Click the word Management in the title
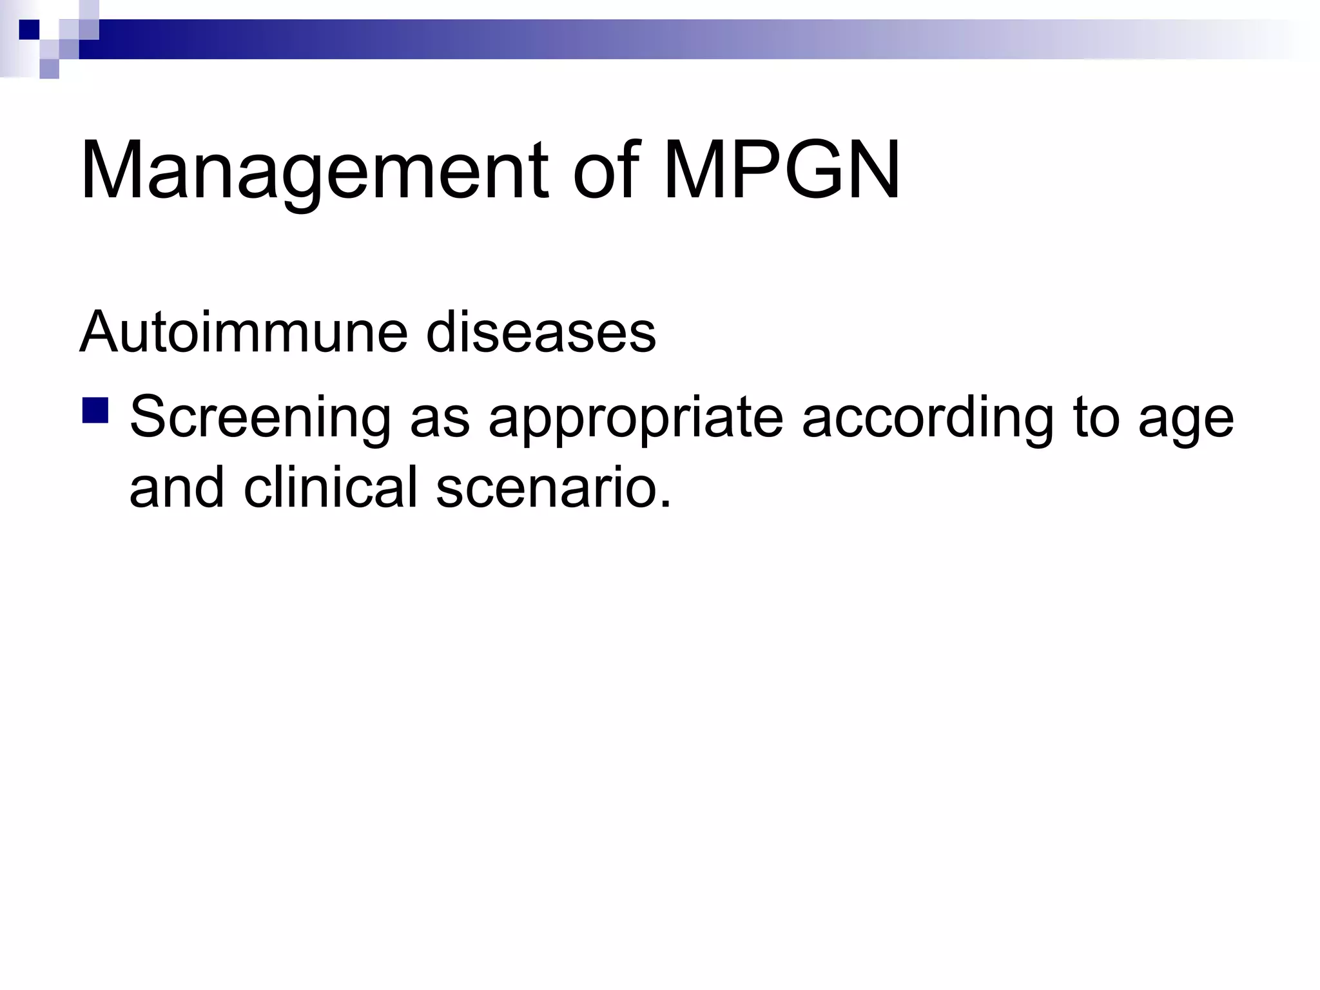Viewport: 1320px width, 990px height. (314, 171)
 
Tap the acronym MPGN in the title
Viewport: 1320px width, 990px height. (781, 171)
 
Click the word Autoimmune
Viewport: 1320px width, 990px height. (243, 333)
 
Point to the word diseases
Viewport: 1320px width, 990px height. (540, 333)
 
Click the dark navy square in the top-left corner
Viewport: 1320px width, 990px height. (29, 30)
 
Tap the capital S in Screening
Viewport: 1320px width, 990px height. (150, 417)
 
